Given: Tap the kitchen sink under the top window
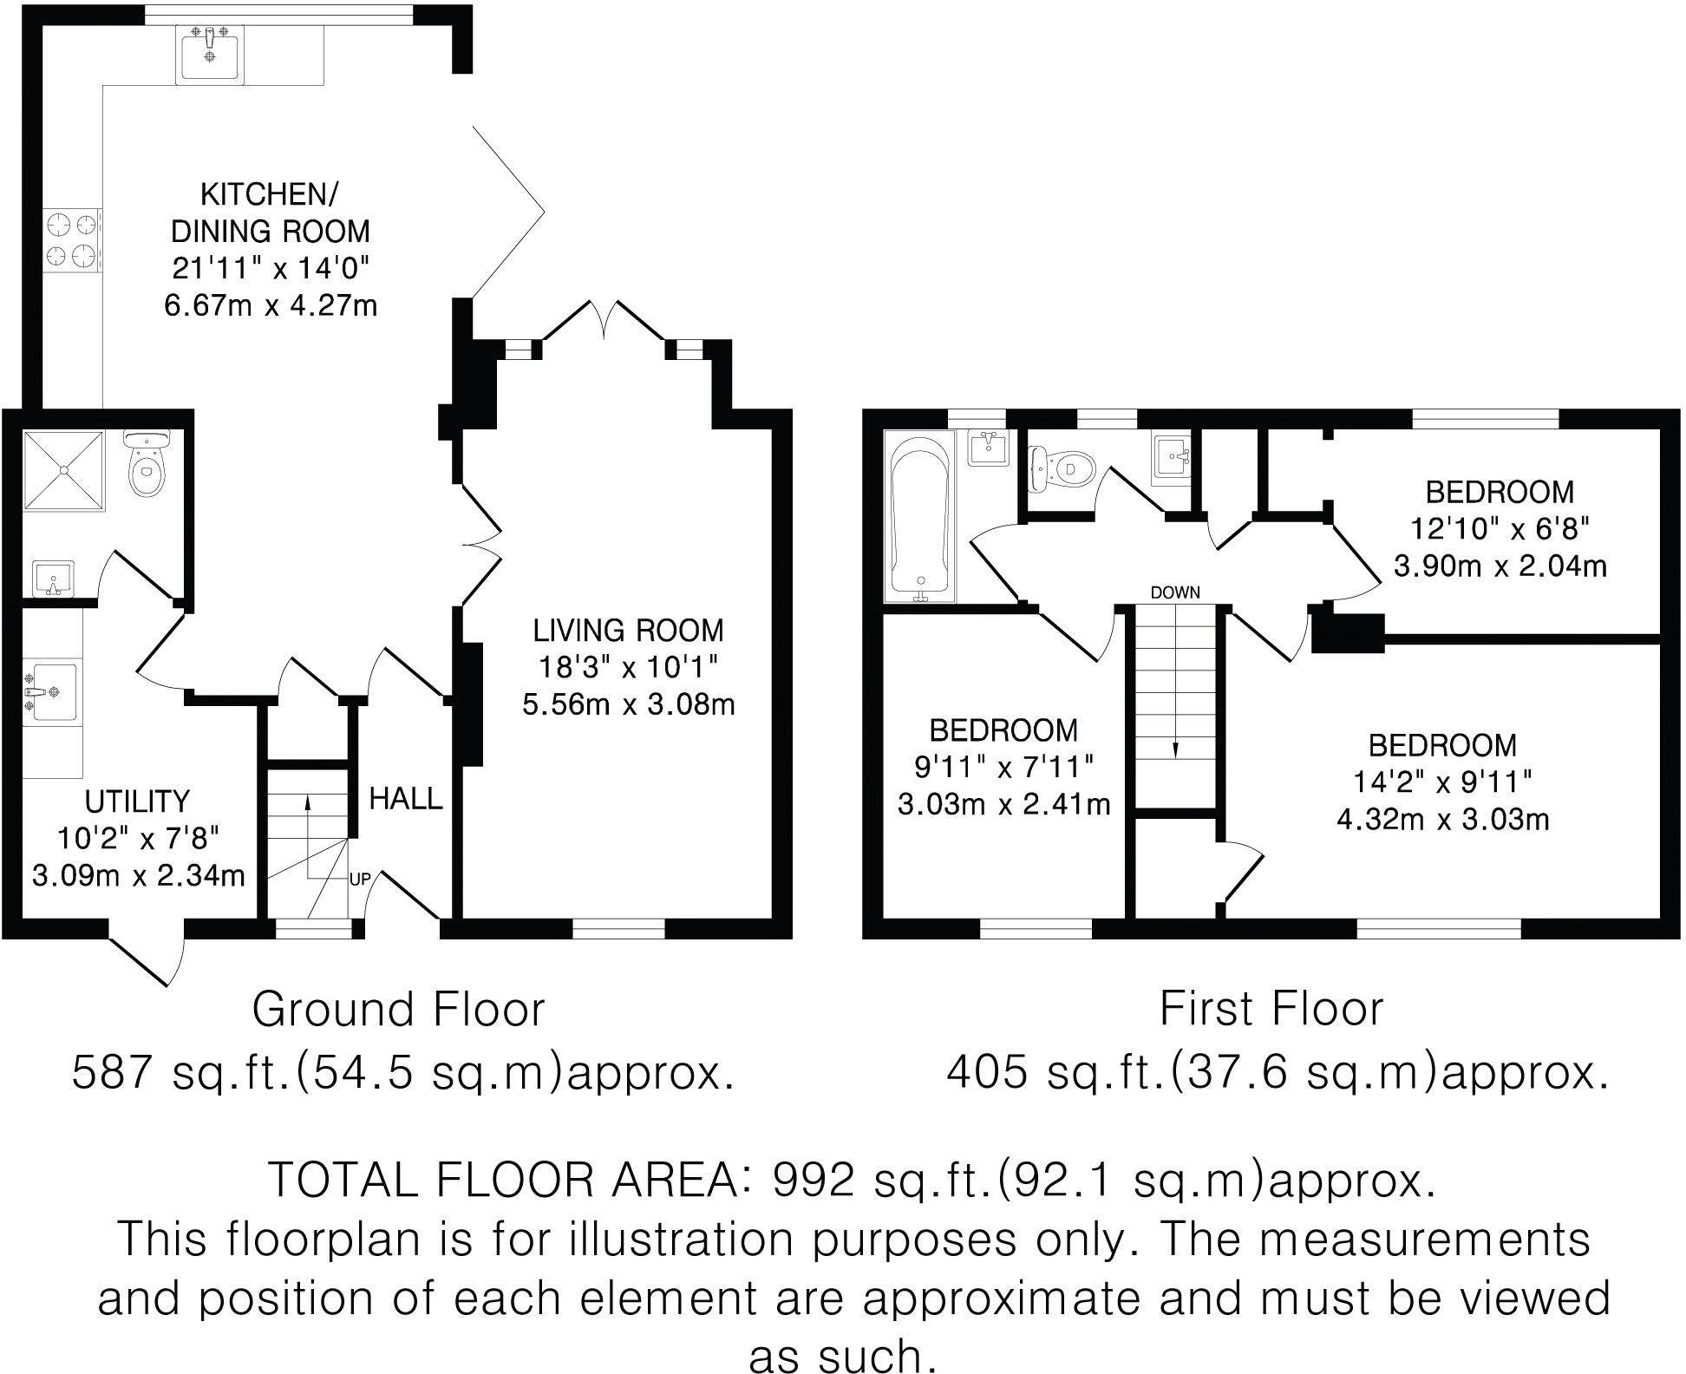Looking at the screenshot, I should point(209,53).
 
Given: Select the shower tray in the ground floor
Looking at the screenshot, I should point(62,469).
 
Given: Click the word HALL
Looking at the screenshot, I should point(405,798).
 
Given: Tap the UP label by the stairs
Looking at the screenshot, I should point(360,880).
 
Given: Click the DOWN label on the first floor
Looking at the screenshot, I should point(1175,592).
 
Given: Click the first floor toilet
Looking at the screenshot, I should point(1064,469).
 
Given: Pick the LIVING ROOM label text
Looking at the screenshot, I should point(628,631).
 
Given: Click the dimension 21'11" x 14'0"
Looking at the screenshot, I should point(271,269).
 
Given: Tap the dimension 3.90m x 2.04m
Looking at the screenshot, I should point(1500,566).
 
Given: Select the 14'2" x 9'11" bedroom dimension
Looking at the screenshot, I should point(1442,782).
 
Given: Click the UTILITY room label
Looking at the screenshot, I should point(137,800).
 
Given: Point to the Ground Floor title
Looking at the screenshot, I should point(398,1010).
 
